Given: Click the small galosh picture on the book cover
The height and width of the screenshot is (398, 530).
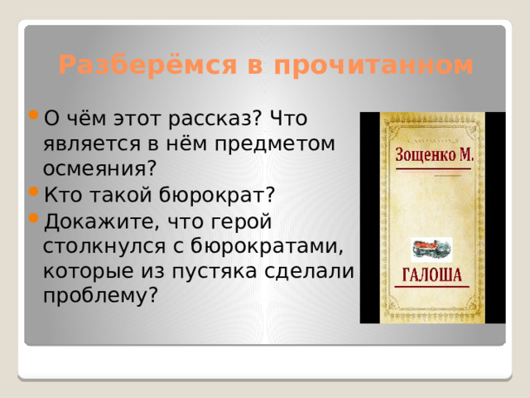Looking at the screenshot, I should [x=431, y=248].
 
